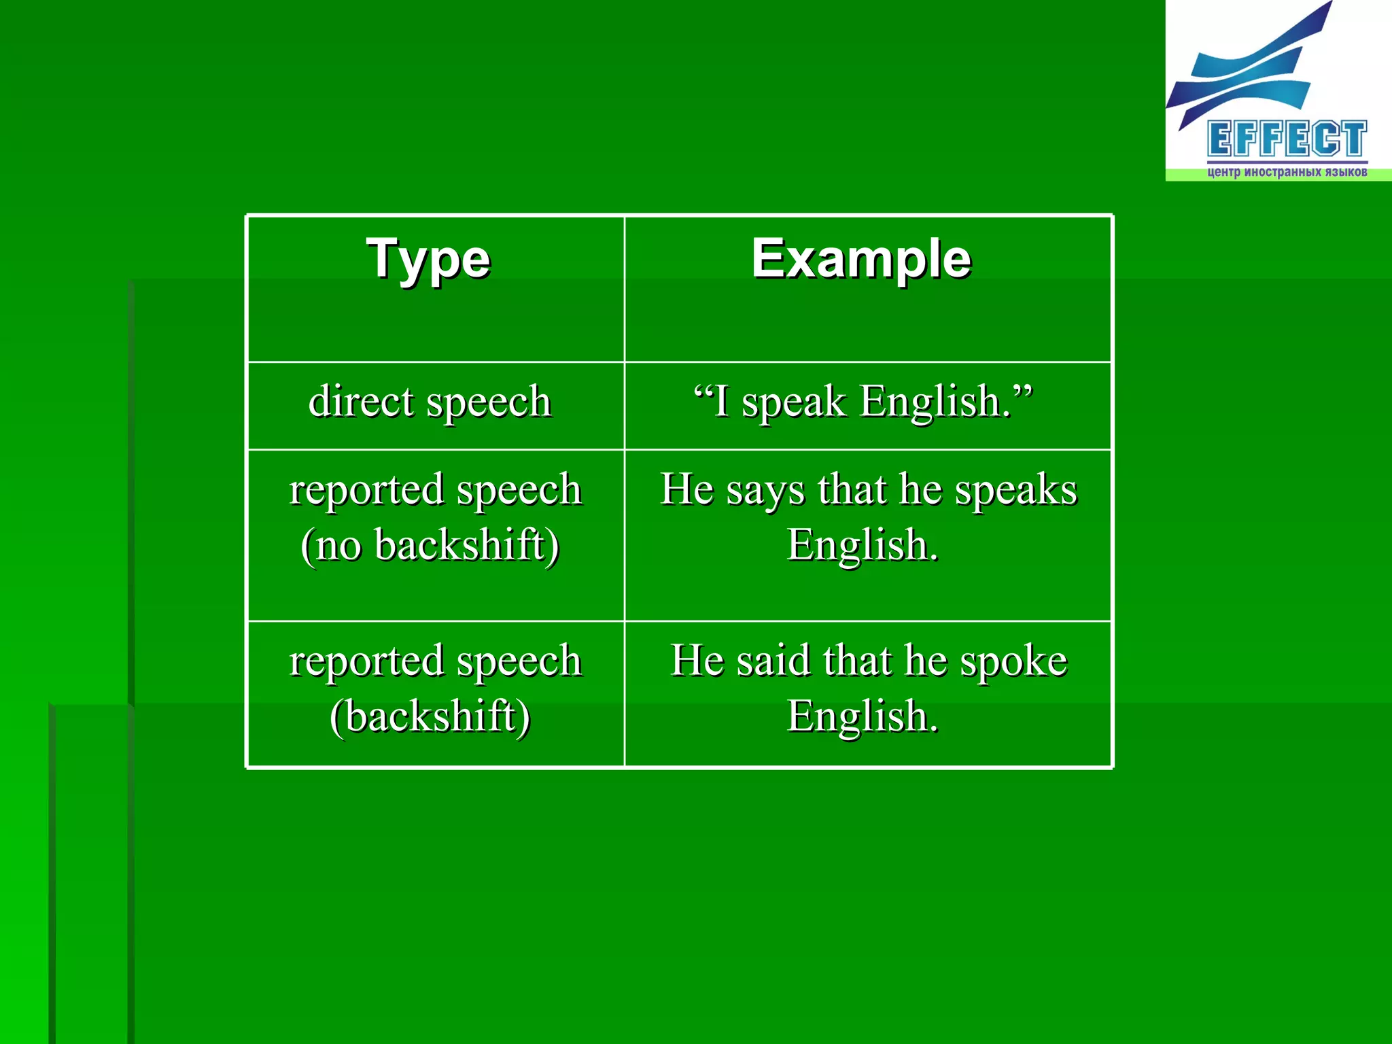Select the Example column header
861,259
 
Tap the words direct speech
430,401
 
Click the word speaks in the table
1015,490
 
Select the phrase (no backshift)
430,545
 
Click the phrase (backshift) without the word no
430,716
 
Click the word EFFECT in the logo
1287,139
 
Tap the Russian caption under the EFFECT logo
1287,172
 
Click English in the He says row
862,545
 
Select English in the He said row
862,716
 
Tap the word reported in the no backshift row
366,490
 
